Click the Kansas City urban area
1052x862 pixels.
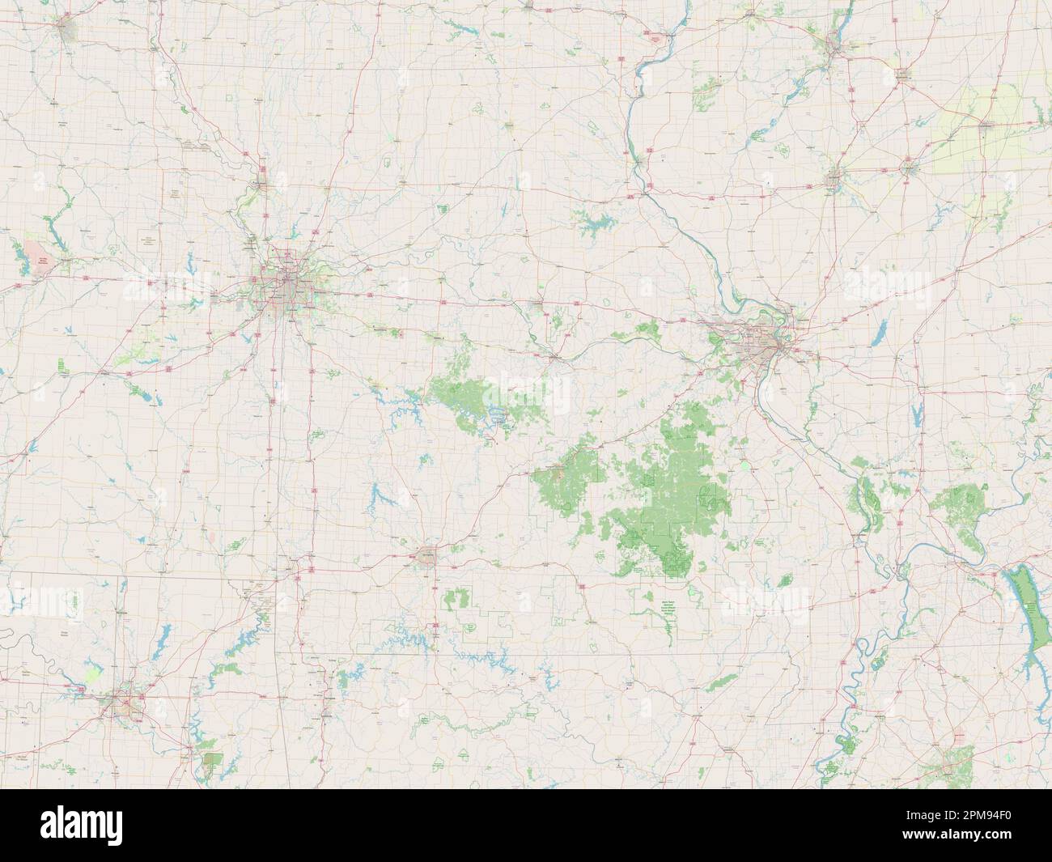point(285,282)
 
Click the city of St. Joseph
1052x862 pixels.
point(261,180)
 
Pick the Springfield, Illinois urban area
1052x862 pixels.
point(834,179)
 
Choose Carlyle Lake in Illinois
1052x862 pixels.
point(880,331)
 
